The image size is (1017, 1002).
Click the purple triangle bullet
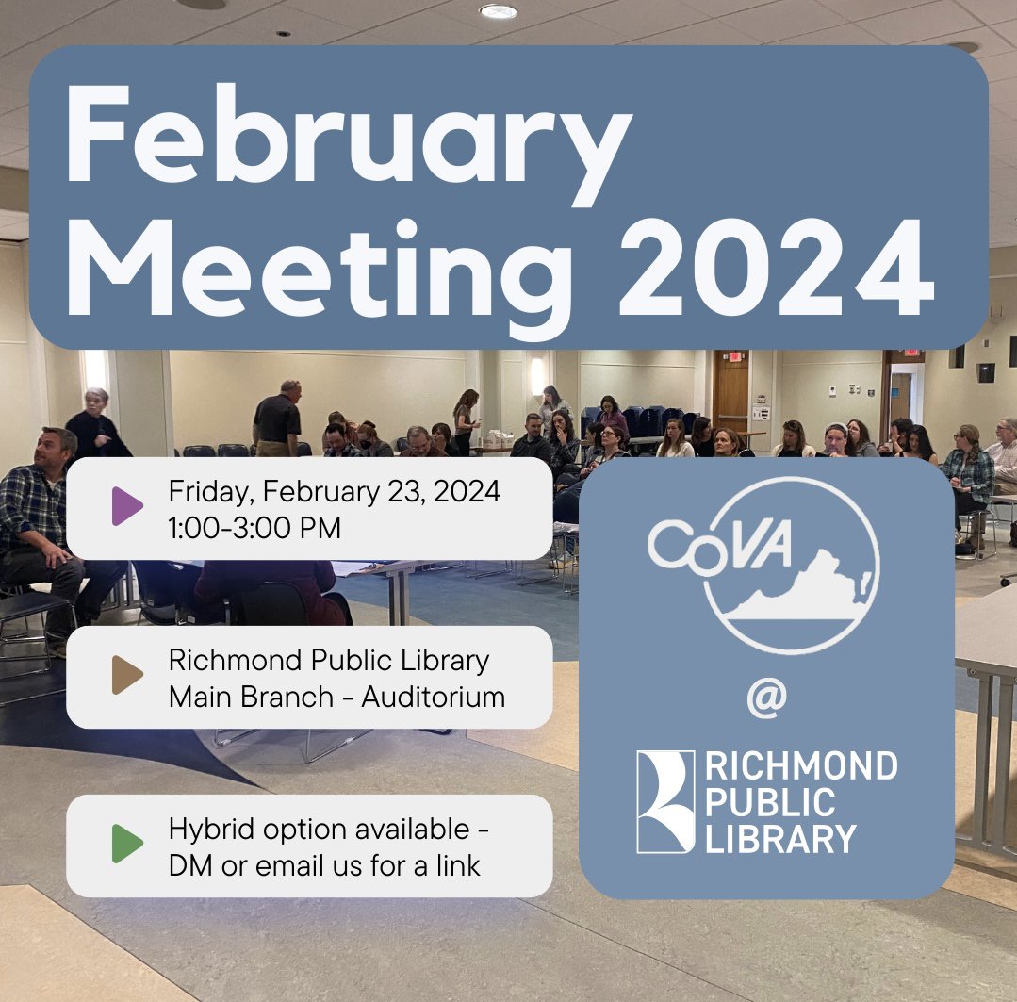pos(126,507)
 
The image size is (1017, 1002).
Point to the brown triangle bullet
pos(126,676)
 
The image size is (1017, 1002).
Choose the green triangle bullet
pos(126,844)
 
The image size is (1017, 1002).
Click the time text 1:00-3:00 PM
pos(254,528)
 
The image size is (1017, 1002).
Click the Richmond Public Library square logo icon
pos(665,801)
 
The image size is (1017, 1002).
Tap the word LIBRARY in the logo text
pos(781,838)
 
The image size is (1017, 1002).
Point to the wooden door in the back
pos(730,391)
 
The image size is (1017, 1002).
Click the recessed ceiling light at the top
pos(498,11)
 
